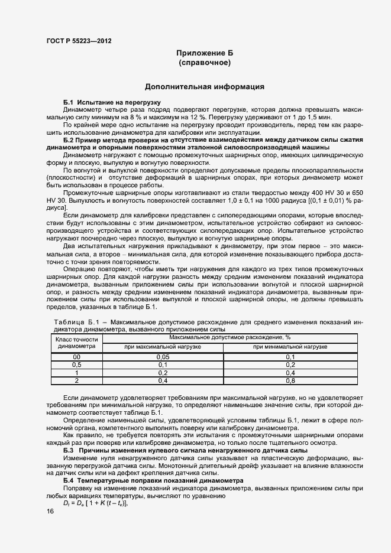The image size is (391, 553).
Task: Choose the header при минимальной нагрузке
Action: [x=290, y=347]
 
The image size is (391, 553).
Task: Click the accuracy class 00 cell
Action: [x=76, y=357]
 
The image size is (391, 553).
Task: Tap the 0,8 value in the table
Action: [x=290, y=380]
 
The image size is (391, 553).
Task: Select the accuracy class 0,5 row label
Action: [x=76, y=365]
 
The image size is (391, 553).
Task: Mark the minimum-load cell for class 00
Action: [x=290, y=357]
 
